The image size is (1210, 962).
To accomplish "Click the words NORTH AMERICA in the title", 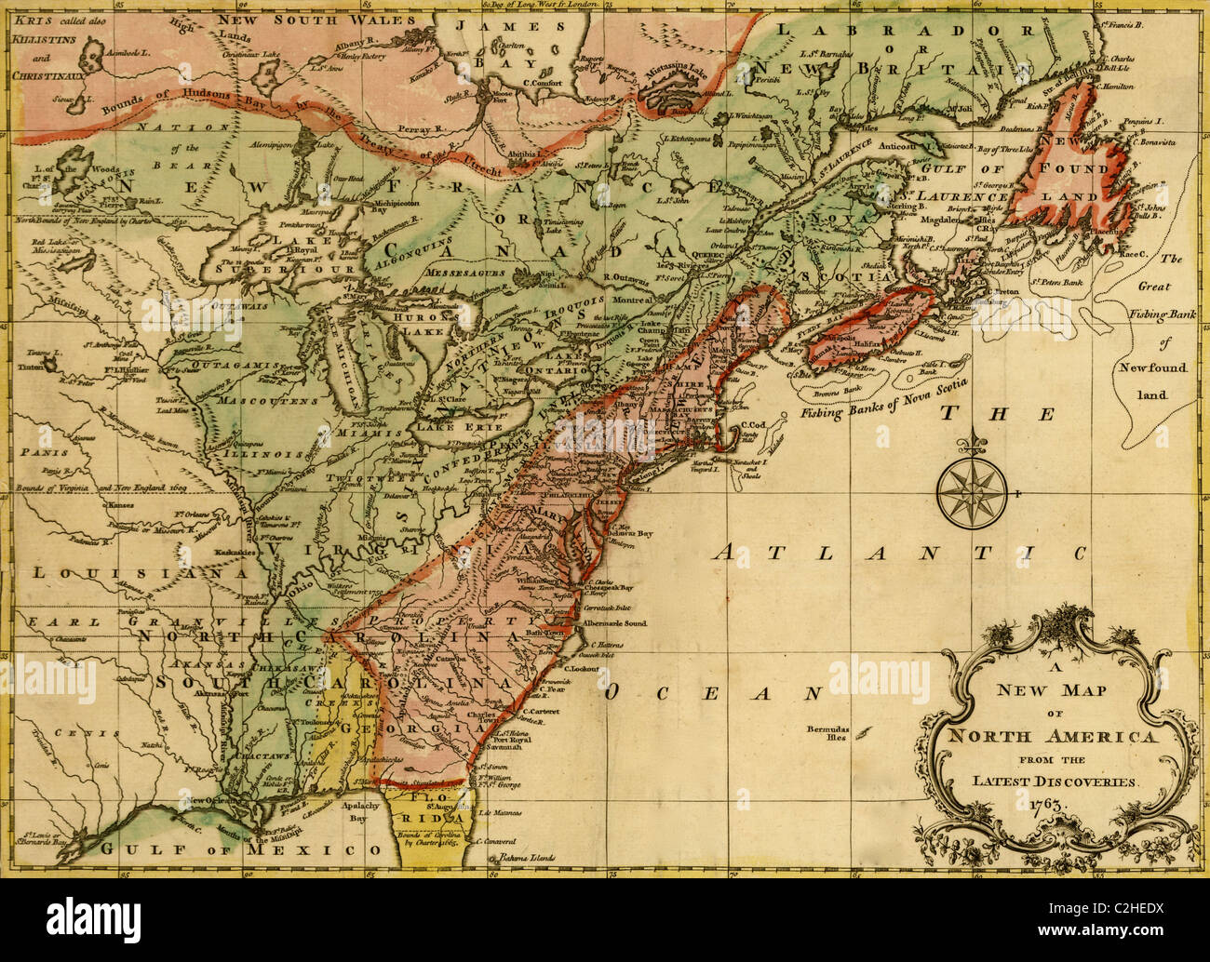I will coord(1051,737).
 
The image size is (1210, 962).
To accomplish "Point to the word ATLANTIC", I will coord(899,552).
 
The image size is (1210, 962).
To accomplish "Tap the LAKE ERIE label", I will coord(450,426).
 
